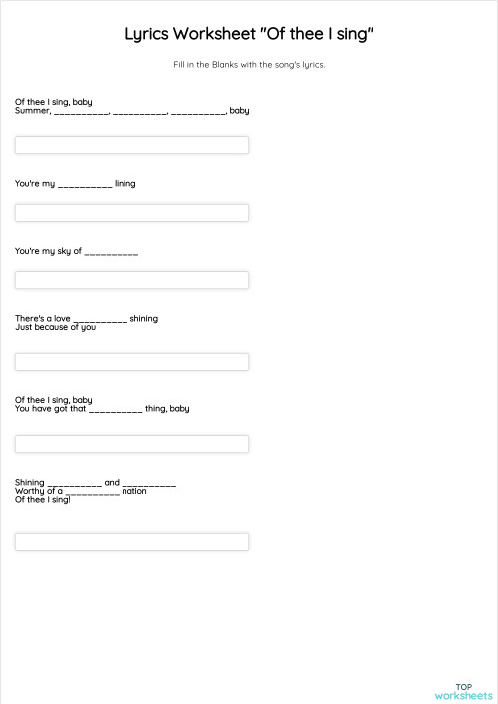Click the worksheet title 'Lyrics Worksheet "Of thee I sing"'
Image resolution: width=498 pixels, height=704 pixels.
[249, 35]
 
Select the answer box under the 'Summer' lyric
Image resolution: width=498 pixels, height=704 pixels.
[131, 145]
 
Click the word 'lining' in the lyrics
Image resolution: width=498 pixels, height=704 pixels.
[125, 184]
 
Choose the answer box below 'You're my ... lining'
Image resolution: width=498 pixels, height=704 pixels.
[131, 213]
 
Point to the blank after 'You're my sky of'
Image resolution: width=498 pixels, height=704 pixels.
[112, 253]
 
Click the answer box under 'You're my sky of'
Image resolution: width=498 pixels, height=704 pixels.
[131, 280]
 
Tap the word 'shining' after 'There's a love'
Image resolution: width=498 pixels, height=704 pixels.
[143, 319]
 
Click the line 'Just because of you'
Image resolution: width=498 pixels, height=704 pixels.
[55, 327]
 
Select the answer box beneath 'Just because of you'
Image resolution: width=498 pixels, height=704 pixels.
[131, 361]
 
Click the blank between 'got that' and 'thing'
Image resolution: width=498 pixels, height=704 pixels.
[116, 409]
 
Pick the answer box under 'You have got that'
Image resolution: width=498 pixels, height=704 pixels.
[131, 444]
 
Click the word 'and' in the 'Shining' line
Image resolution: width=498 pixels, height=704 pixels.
[112, 483]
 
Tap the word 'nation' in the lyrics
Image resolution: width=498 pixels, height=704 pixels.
[134, 491]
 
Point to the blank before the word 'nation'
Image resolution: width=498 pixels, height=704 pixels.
[93, 493]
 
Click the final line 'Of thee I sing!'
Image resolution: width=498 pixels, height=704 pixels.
[43, 499]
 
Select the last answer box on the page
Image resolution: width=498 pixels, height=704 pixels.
[131, 542]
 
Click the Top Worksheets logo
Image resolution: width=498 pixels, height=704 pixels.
[463, 691]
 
